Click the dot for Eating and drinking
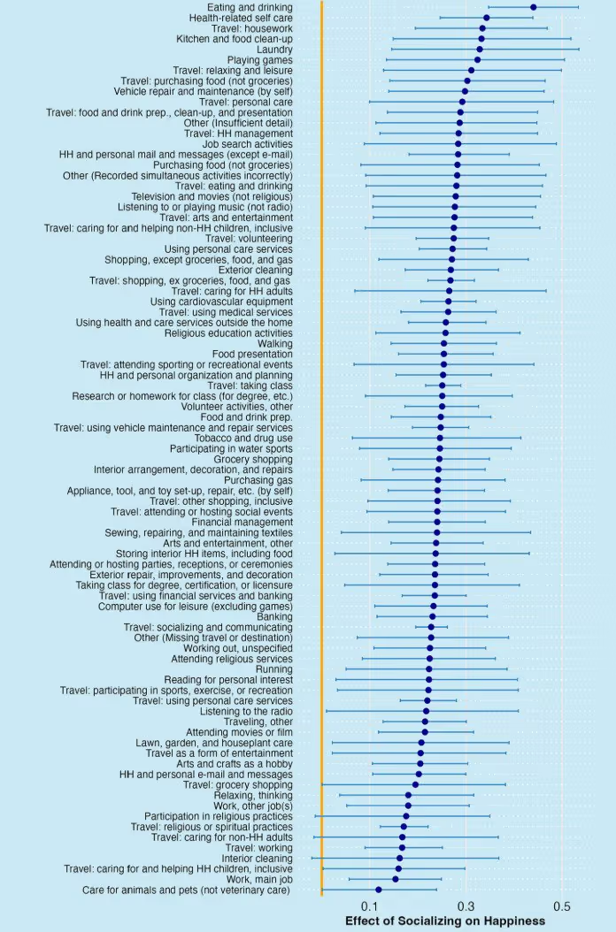click(x=533, y=7)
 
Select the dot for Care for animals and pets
click(x=379, y=890)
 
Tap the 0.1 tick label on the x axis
click(x=370, y=906)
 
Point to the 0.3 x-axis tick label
click(x=466, y=906)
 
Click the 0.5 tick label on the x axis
click(x=561, y=906)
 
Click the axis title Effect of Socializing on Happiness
click(x=445, y=921)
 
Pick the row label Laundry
click(x=274, y=50)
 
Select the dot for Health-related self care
click(x=487, y=18)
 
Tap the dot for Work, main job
click(x=396, y=879)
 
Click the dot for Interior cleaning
click(x=400, y=858)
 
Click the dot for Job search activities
click(x=458, y=143)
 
